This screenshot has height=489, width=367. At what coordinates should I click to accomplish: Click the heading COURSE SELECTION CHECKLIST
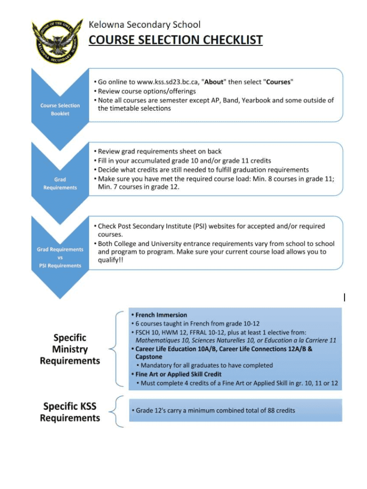click(176, 39)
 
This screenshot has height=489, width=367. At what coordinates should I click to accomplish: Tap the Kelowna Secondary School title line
click(145, 24)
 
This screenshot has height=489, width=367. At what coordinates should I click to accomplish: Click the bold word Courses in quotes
click(278, 82)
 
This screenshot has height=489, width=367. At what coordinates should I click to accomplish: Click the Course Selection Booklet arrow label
click(60, 109)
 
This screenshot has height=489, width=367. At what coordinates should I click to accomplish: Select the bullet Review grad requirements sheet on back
click(159, 151)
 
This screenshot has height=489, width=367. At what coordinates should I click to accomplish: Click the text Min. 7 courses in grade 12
click(138, 187)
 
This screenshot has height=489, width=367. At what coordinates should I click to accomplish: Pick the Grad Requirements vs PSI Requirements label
click(60, 257)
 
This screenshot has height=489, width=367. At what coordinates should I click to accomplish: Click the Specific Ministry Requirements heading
click(70, 349)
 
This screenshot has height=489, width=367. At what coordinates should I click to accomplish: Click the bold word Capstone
click(149, 357)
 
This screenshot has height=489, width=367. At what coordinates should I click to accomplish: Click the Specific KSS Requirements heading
click(70, 412)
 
